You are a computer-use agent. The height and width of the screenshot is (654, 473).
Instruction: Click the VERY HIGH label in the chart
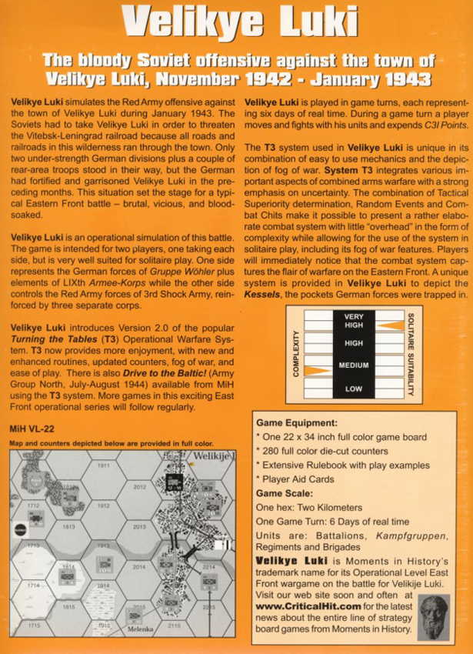[x=353, y=321]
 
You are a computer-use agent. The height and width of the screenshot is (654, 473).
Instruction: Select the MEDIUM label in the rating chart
[x=353, y=365]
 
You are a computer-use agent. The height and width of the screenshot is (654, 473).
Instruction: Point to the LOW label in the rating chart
[x=353, y=389]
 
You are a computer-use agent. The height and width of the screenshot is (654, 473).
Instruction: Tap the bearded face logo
[x=437, y=617]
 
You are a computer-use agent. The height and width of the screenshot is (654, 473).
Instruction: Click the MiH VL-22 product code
[x=32, y=428]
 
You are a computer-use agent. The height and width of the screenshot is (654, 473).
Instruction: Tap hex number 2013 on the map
[x=139, y=526]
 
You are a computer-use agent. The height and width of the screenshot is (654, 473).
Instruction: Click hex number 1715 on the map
[x=32, y=626]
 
